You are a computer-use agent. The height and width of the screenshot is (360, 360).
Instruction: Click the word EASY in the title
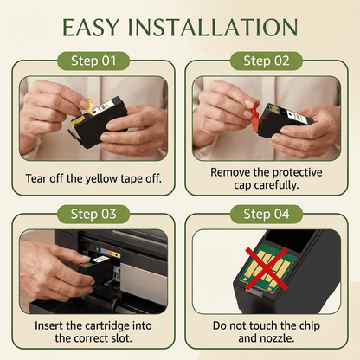point(91,28)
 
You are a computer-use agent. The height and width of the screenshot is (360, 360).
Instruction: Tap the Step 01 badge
point(93,61)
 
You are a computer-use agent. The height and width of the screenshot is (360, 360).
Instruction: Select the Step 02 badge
point(267,61)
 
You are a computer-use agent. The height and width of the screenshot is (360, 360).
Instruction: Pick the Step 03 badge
point(93,214)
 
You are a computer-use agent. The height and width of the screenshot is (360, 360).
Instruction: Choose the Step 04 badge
point(267,214)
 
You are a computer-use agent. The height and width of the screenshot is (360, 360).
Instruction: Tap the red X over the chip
point(267,268)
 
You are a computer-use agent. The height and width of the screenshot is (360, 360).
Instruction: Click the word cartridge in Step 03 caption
point(107,326)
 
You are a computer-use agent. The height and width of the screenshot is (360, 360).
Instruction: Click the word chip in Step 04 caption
point(310,326)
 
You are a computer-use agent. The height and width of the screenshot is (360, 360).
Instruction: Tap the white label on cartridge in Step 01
point(101,107)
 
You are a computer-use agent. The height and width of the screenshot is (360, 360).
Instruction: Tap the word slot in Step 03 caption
point(122,338)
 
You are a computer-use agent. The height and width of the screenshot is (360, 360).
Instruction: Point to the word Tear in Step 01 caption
point(35,178)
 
